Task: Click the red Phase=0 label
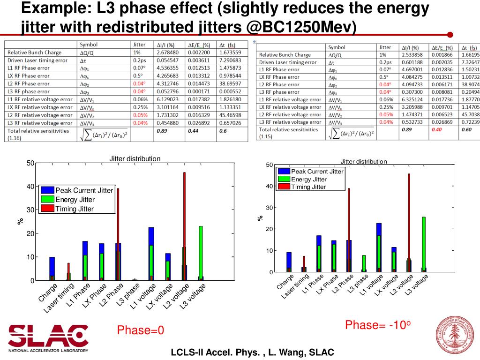[141, 330]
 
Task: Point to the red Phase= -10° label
[378, 325]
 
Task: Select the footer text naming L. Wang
[252, 352]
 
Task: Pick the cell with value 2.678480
[167, 52]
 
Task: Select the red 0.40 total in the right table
[436, 129]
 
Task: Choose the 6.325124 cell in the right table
[412, 99]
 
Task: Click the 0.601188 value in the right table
[412, 62]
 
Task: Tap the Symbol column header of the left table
[89, 45]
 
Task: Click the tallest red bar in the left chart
[184, 225]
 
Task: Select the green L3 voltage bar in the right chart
[423, 244]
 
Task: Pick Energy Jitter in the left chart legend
[75, 200]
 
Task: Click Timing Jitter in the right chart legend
[308, 187]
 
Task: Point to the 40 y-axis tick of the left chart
[30, 187]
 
